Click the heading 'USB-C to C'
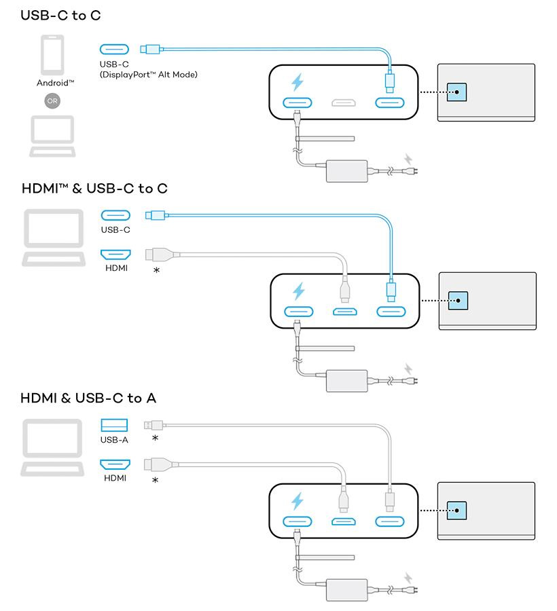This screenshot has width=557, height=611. coord(60,15)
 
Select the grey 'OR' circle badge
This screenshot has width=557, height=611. coord(52,100)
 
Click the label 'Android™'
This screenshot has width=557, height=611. coord(55,83)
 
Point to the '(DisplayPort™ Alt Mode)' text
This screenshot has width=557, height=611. coord(148,74)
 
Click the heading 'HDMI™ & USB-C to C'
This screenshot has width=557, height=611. coord(94,188)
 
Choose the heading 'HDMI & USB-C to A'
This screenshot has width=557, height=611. coord(88,398)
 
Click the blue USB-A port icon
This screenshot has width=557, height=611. coord(114,425)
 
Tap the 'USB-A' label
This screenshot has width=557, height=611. coord(114,440)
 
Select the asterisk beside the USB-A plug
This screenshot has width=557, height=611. coord(155,439)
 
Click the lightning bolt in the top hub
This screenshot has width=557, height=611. coord(298,83)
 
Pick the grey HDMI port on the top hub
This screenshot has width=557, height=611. coord(344,103)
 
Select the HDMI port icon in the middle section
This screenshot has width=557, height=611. coord(115,255)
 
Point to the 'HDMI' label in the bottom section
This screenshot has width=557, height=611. coord(115,478)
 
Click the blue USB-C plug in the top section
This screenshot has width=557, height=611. coord(151,49)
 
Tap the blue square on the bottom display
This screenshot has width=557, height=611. coord(457,510)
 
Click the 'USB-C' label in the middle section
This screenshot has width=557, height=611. coord(115,229)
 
